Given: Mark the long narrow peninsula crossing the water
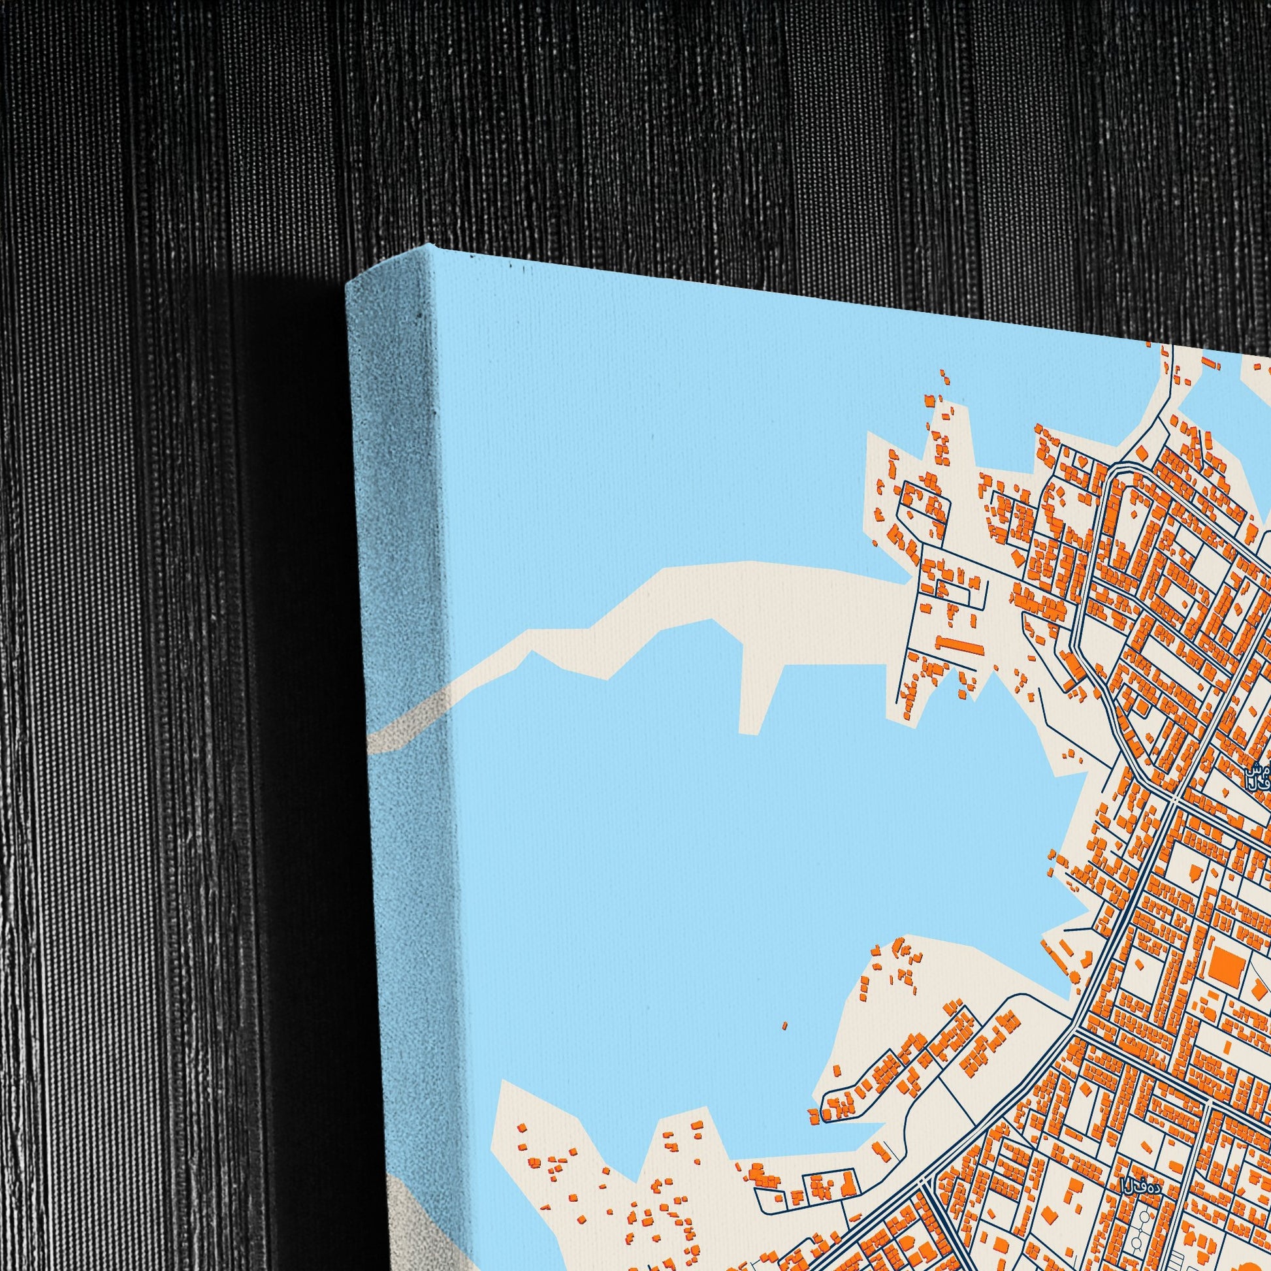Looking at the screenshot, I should [x=658, y=612].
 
